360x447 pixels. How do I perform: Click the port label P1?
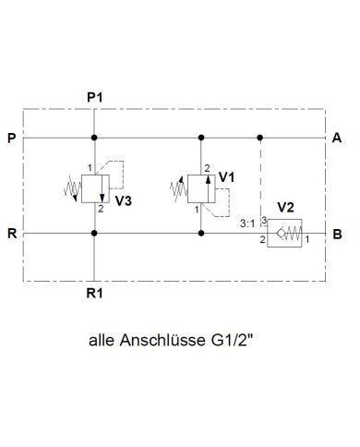[94, 96]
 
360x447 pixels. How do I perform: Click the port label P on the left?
[10, 139]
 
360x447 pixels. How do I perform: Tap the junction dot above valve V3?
[94, 139]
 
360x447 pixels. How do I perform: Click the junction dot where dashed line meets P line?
[261, 139]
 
